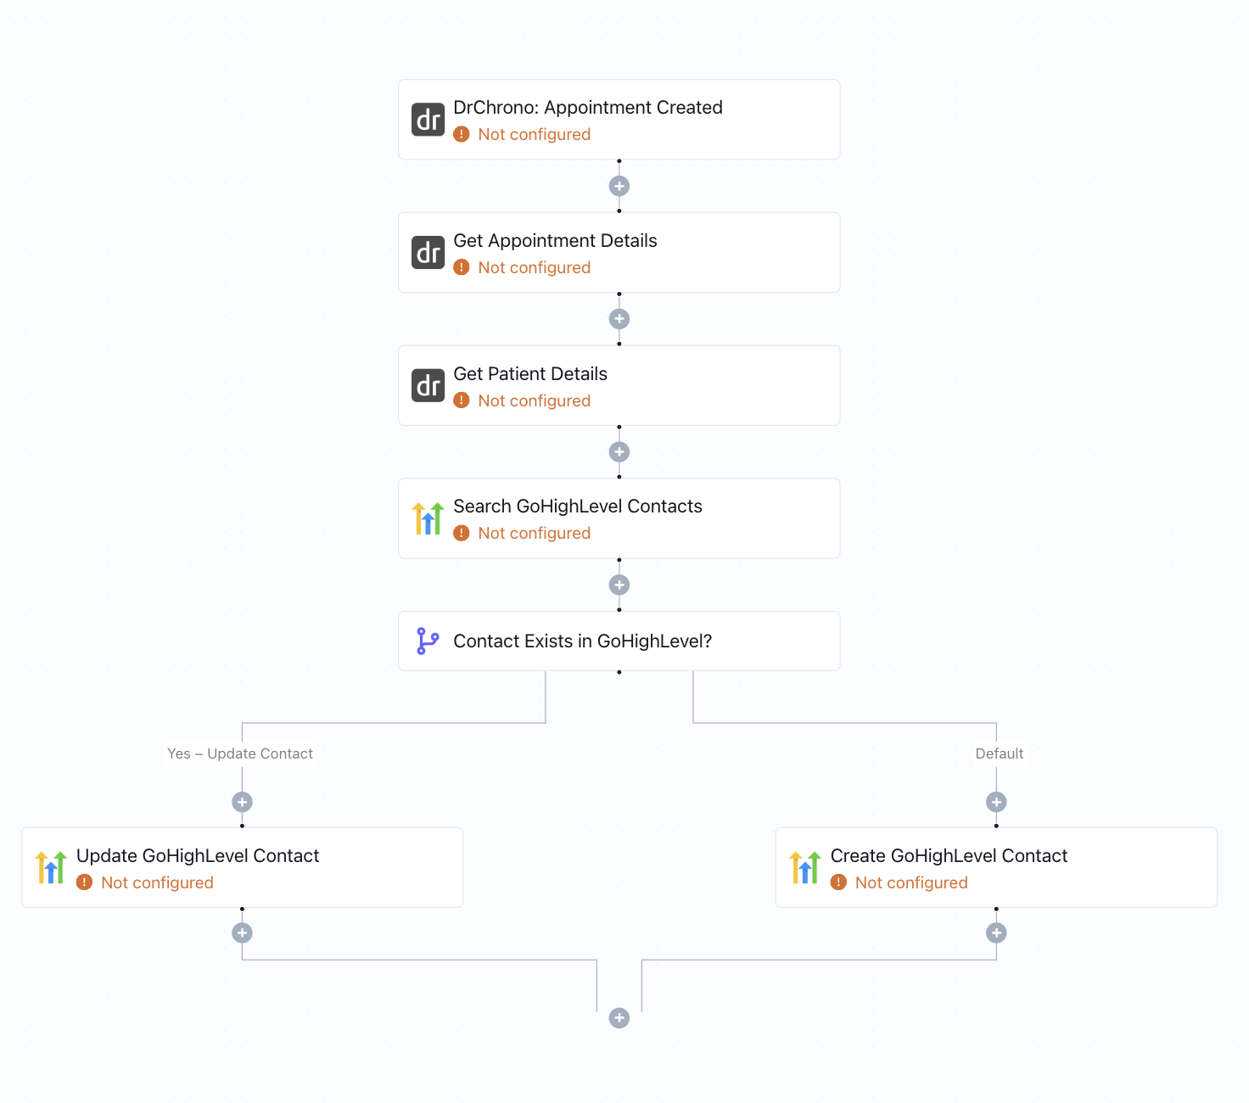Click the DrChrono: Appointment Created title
tap(587, 108)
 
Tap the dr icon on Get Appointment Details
tap(428, 253)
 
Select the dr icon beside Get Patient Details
tap(428, 385)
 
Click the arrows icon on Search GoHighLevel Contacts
tap(428, 518)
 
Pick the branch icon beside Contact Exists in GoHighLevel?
tap(428, 641)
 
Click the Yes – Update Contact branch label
tap(240, 753)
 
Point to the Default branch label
tap(999, 753)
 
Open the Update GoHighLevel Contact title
tap(198, 856)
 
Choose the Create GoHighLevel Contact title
tap(949, 856)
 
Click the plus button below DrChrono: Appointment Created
tap(619, 186)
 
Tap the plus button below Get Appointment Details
tap(619, 319)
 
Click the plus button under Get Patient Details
tap(619, 452)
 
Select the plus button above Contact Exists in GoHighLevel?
tap(619, 585)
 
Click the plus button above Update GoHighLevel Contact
tap(243, 802)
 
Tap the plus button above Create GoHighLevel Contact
tap(996, 802)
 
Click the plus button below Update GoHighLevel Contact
tap(243, 933)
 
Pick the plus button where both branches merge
tap(619, 1018)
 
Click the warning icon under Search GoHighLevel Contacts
tap(462, 533)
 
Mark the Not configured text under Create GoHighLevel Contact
tap(911, 882)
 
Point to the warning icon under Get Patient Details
tap(462, 400)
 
